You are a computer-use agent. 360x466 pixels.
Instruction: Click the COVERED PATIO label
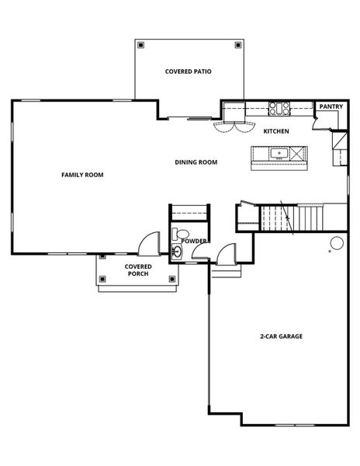tap(189, 71)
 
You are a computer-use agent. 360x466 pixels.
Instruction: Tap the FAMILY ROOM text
tap(82, 175)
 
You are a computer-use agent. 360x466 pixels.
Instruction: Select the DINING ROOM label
tap(196, 162)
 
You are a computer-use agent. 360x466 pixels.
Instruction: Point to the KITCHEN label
tap(276, 131)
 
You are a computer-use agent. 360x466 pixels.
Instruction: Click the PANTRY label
tap(331, 106)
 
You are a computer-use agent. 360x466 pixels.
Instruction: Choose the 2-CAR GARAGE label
tap(281, 336)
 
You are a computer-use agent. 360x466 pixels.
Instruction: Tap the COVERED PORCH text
tap(138, 270)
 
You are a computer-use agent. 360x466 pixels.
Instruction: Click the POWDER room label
tap(193, 241)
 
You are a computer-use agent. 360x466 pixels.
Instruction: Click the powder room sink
tap(176, 252)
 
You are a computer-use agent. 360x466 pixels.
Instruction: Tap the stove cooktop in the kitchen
tap(279, 106)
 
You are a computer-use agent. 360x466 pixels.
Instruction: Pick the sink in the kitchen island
tap(279, 154)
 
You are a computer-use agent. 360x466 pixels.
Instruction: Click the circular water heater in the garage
tap(337, 244)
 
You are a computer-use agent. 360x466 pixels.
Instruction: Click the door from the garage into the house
tap(227, 253)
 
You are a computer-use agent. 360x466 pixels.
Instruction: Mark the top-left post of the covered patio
tap(140, 44)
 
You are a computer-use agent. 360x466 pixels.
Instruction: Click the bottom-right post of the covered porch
tap(171, 280)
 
